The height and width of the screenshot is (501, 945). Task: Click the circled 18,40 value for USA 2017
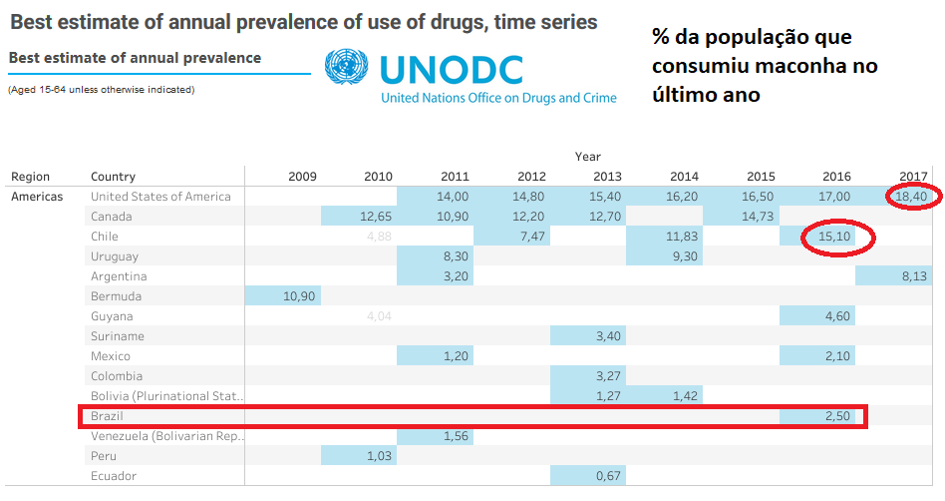point(911,197)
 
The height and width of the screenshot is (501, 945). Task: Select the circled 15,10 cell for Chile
point(836,237)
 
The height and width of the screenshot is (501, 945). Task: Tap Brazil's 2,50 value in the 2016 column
point(836,416)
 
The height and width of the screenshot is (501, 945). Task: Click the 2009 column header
point(303,177)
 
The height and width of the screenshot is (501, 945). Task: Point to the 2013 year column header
point(606,177)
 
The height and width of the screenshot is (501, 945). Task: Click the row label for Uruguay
point(116,256)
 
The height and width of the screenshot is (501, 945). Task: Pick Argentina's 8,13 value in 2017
point(911,276)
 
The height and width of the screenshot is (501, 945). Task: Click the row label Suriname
point(118,336)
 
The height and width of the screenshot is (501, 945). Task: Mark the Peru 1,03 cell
point(378,456)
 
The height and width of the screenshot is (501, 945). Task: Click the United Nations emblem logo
point(346,69)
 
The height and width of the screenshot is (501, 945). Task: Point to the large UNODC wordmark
point(451,69)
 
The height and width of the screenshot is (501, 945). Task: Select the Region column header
point(30,177)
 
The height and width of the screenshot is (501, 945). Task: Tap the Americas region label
point(37,197)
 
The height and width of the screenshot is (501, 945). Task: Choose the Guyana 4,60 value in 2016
point(836,316)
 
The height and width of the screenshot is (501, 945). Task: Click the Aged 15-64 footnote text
point(101,90)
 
